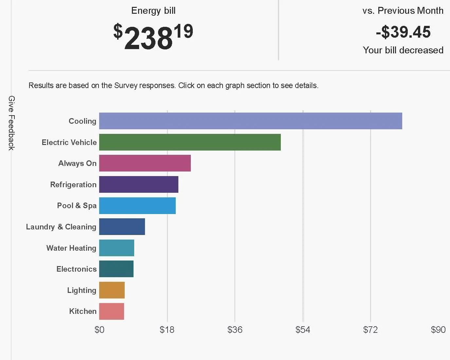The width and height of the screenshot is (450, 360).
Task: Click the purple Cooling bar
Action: (250, 121)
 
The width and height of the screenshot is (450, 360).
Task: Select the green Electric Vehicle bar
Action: (190, 142)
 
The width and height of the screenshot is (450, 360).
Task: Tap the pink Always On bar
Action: (145, 163)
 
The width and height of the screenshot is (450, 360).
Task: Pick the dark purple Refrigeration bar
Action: (138, 184)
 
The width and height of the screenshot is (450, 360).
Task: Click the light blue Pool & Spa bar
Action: (137, 206)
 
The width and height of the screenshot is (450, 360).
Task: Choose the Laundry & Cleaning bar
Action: (122, 226)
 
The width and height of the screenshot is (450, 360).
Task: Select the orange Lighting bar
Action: (112, 290)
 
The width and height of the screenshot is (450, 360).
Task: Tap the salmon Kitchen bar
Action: (111, 311)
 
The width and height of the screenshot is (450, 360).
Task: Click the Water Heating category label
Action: (71, 248)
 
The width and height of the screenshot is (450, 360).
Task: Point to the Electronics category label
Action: (77, 269)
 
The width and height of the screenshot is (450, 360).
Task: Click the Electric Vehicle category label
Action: (69, 142)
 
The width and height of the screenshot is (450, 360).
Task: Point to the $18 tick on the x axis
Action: (167, 330)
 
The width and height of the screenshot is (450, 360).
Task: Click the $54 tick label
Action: (303, 330)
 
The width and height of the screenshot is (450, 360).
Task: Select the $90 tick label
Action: (438, 330)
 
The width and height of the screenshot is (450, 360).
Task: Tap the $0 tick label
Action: (99, 330)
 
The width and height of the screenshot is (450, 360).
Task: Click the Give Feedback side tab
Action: (11, 123)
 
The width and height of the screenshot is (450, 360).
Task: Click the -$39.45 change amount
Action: (403, 32)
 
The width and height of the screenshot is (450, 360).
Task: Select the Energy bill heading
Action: (153, 11)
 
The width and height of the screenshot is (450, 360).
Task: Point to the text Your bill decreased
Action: (403, 50)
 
